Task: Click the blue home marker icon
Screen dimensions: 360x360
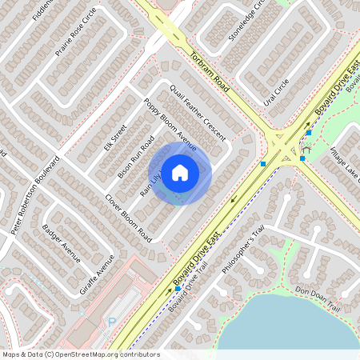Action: pyautogui.click(x=179, y=172)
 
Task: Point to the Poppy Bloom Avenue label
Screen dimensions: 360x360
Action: pyautogui.click(x=170, y=124)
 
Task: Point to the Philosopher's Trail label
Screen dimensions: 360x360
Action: pyautogui.click(x=242, y=254)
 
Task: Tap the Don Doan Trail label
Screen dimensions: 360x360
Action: pyautogui.click(x=318, y=299)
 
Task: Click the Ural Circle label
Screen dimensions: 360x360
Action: pyautogui.click(x=276, y=94)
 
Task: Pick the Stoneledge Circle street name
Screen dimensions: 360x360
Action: pyautogui.click(x=246, y=20)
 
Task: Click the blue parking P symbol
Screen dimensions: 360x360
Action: pyautogui.click(x=112, y=323)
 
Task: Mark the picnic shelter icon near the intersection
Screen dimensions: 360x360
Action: pyautogui.click(x=306, y=148)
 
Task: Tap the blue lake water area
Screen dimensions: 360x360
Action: pyautogui.click(x=280, y=328)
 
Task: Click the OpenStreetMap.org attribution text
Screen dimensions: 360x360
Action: pyautogui.click(x=80, y=354)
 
